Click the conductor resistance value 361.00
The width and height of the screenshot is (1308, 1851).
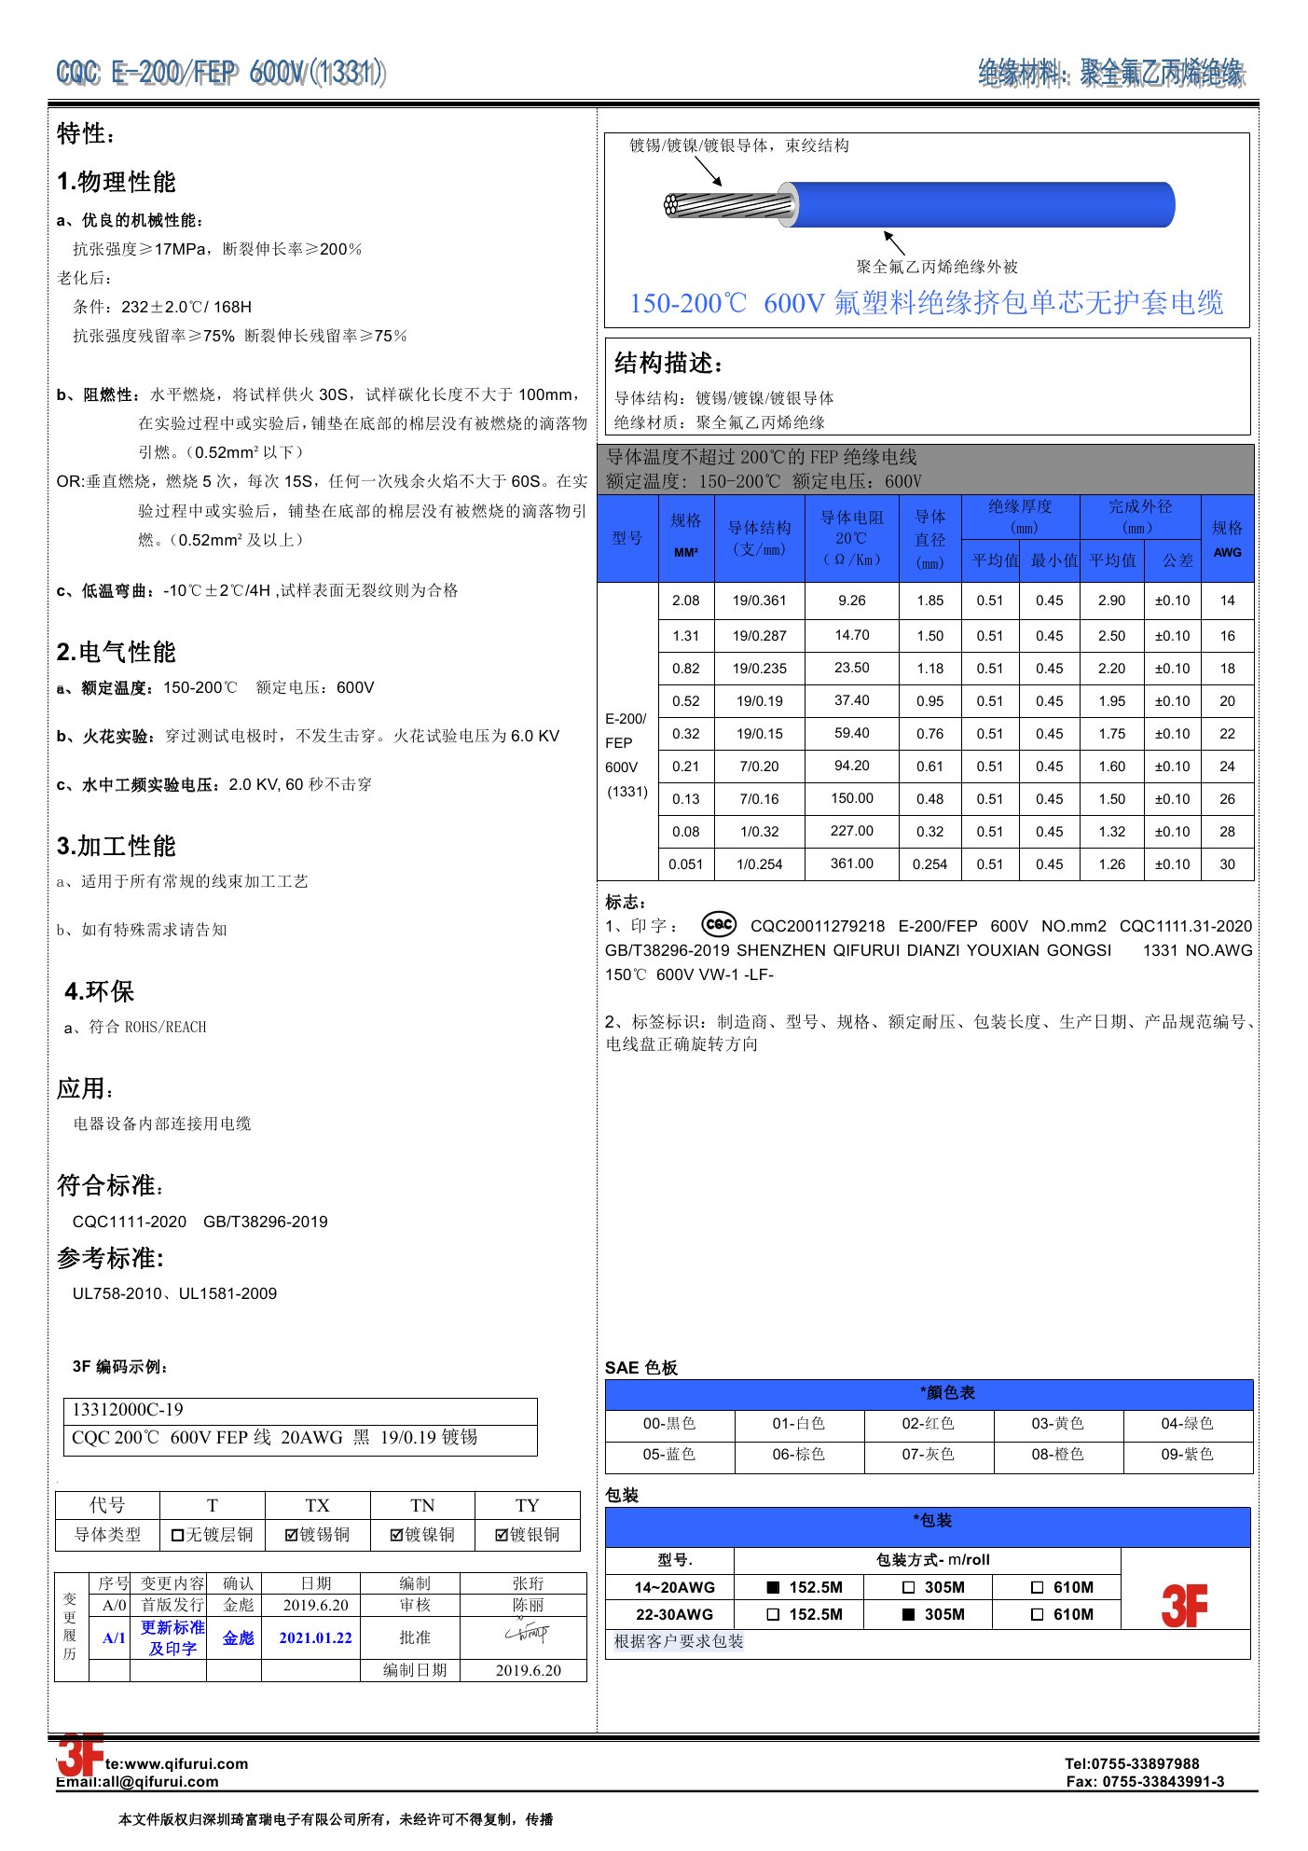pyautogui.click(x=852, y=863)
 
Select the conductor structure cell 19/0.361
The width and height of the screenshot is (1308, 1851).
pyautogui.click(x=759, y=601)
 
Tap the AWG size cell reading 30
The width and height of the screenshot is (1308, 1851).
pyautogui.click(x=1227, y=864)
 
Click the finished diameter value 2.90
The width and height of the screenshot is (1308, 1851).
pyautogui.click(x=1111, y=601)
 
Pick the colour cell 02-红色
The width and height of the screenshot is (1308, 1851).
pyautogui.click(x=928, y=1423)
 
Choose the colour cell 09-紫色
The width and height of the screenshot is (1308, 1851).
pyautogui.click(x=1187, y=1454)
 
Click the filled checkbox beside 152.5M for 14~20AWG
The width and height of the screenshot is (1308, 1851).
pyautogui.click(x=773, y=1587)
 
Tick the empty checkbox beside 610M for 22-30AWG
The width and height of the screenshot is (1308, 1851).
pyautogui.click(x=1037, y=1614)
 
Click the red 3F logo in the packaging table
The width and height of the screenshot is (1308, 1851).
pyautogui.click(x=1184, y=1605)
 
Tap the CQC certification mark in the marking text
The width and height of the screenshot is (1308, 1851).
pyautogui.click(x=719, y=924)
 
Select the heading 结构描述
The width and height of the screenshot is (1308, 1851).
pyautogui.click(x=668, y=363)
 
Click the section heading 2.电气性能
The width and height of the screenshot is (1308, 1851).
pyautogui.click(x=117, y=652)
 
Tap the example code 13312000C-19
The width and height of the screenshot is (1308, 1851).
pyautogui.click(x=128, y=1409)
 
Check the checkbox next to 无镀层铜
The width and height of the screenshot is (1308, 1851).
pyautogui.click(x=177, y=1535)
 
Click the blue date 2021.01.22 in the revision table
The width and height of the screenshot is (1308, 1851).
pyautogui.click(x=315, y=1637)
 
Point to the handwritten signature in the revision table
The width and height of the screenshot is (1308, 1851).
pyautogui.click(x=528, y=1633)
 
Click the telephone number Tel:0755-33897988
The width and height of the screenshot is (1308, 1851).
pyautogui.click(x=1132, y=1763)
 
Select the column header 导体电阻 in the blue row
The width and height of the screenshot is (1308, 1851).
pyautogui.click(x=852, y=518)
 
